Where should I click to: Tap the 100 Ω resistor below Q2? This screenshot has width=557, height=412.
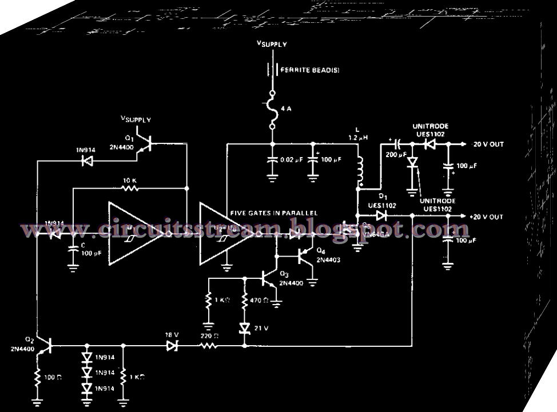tap(38, 378)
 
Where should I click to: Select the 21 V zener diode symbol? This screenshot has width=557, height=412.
tap(245, 328)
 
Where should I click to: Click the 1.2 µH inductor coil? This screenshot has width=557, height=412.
tap(360, 169)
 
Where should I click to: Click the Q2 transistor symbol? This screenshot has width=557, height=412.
tap(46, 345)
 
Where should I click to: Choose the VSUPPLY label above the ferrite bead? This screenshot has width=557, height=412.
tap(271, 45)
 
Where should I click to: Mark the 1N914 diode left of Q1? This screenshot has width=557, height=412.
tap(87, 162)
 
